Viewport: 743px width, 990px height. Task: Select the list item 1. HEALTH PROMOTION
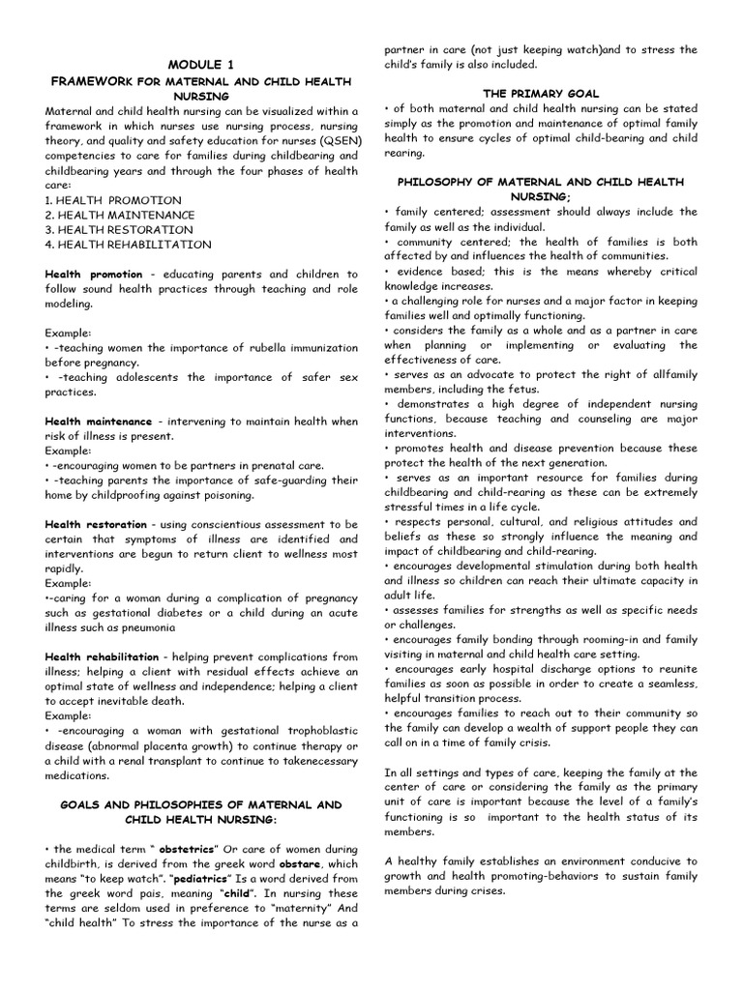point(107,199)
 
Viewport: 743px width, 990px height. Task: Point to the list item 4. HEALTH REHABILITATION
point(128,245)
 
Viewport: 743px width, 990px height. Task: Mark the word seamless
point(667,684)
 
